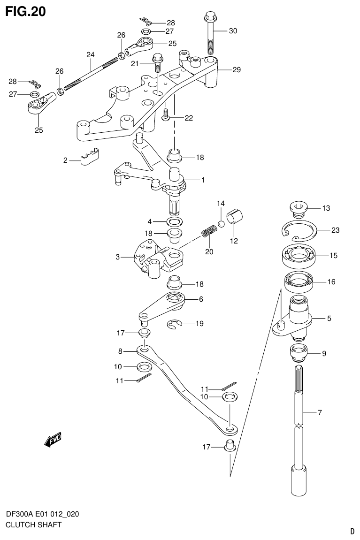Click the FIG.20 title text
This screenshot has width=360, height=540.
(25, 11)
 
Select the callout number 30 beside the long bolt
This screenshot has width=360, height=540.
(233, 31)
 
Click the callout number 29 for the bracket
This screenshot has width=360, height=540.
(236, 69)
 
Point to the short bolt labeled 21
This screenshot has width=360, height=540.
(158, 62)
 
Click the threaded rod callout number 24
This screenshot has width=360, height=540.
(90, 54)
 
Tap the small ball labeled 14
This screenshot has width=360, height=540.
(221, 223)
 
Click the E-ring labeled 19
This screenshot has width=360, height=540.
(174, 324)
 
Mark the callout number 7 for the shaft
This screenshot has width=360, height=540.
(319, 413)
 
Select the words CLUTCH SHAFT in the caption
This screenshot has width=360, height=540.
(33, 525)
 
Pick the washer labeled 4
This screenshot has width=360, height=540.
(174, 221)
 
